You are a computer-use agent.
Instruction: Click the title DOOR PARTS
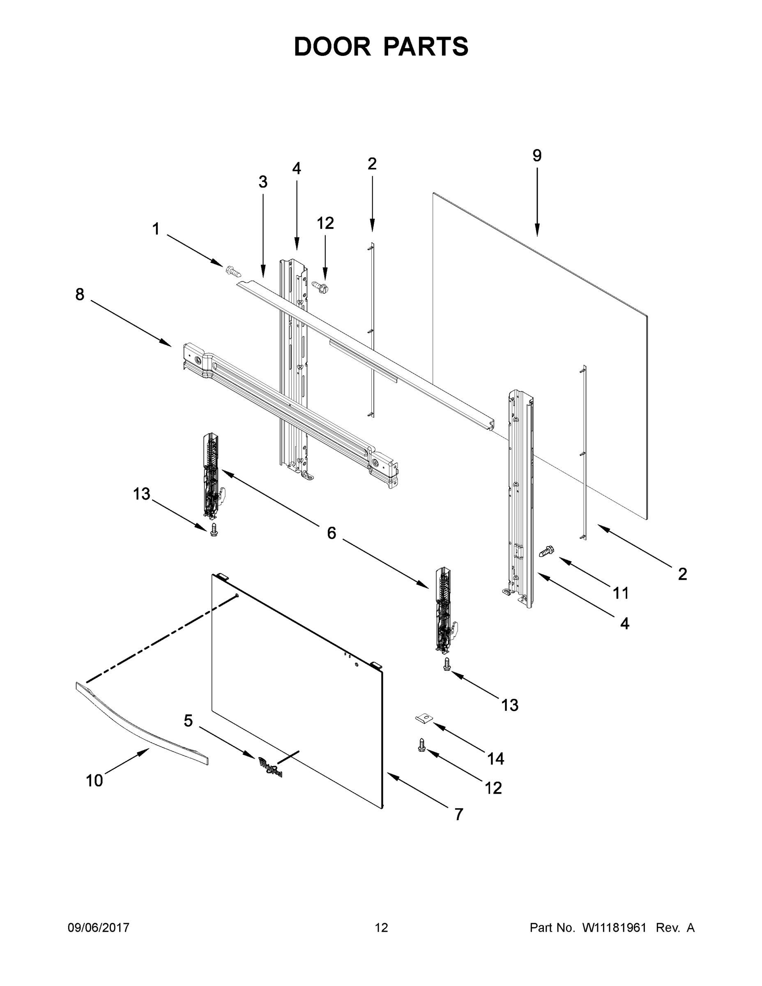point(381,46)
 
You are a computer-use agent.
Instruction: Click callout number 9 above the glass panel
point(537,156)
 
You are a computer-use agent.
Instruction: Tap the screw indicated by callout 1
point(233,271)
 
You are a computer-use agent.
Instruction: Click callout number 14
point(496,758)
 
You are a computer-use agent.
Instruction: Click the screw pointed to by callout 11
point(547,551)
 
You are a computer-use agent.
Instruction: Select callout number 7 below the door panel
point(459,814)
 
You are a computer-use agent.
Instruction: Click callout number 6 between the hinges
point(332,533)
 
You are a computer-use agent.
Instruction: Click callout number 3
point(263,182)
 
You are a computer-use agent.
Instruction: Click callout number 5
point(188,721)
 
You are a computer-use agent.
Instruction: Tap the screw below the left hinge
point(214,530)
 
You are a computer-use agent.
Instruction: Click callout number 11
point(621,593)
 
